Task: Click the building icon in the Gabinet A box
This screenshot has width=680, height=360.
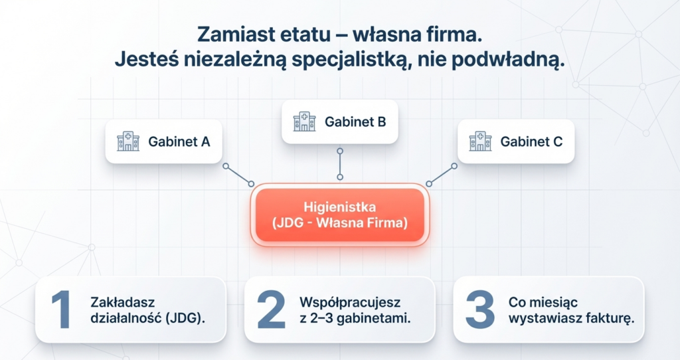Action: pos(128,141)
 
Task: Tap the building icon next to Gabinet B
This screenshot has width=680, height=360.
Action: pos(305,122)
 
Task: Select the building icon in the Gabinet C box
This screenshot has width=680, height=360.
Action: pos(480,141)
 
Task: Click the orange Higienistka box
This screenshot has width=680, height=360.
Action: pos(339,215)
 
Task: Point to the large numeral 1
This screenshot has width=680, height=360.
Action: pos(60,310)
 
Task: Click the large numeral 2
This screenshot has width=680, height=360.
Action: pos(270,310)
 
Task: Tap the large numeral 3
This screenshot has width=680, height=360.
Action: pos(479,310)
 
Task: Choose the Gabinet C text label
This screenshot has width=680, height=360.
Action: pos(531,141)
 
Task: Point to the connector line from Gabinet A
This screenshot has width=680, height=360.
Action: pos(238,175)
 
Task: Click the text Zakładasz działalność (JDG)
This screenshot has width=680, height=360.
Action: pos(147,310)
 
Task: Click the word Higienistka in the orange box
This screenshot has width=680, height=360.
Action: pos(339,206)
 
